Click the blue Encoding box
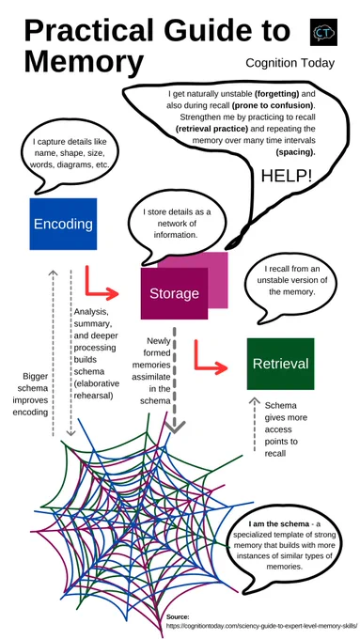[x=63, y=224]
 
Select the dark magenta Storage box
[x=174, y=293]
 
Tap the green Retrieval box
[x=280, y=364]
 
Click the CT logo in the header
[x=323, y=32]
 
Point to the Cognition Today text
[x=290, y=63]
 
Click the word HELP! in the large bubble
[x=287, y=176]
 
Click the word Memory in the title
[x=84, y=61]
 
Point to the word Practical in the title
[x=89, y=31]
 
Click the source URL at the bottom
[x=261, y=625]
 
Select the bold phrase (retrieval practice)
[x=212, y=129]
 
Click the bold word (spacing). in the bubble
[x=295, y=152]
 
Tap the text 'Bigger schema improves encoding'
[x=35, y=394]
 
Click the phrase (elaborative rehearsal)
[x=97, y=389]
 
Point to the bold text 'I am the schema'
[x=279, y=523]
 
